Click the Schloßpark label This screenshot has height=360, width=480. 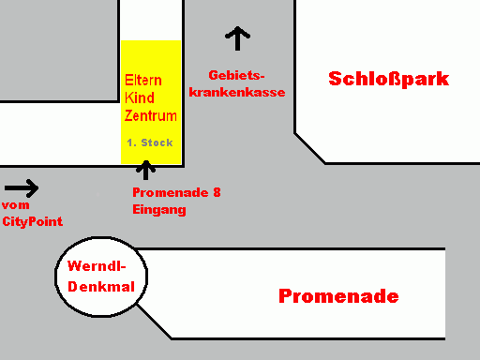[x=389, y=79]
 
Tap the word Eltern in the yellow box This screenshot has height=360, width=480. [x=143, y=81]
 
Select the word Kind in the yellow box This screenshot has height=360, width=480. [x=140, y=97]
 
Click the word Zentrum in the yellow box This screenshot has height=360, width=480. [x=151, y=115]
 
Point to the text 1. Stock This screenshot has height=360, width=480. [x=150, y=142]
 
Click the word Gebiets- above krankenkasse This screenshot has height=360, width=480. [x=236, y=75]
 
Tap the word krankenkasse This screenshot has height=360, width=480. [x=237, y=92]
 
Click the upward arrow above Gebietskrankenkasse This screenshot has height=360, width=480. [x=237, y=38]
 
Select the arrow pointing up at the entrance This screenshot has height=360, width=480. [x=145, y=170]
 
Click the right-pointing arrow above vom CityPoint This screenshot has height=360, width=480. [x=22, y=188]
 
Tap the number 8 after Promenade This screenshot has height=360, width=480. [x=217, y=192]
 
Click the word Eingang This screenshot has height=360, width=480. [x=159, y=210]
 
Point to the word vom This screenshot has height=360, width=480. [x=15, y=205]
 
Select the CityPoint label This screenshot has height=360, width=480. [x=33, y=221]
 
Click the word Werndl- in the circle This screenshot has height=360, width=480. [x=97, y=266]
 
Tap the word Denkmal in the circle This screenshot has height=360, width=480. [x=101, y=287]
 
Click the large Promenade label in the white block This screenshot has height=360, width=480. [x=338, y=296]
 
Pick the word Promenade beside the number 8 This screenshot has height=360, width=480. [x=171, y=192]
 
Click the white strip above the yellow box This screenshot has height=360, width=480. [x=151, y=20]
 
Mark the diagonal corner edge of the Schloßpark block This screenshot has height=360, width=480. [x=310, y=148]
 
